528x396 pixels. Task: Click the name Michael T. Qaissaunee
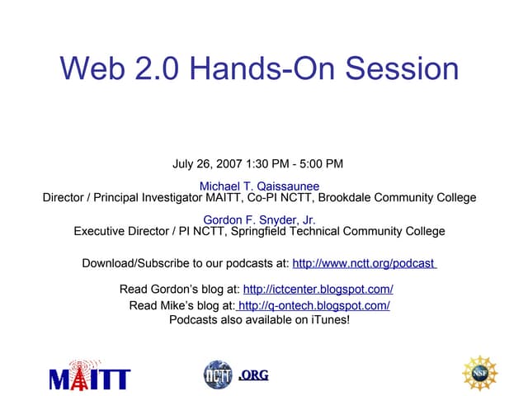click(259, 186)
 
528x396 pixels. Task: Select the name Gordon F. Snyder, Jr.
click(259, 220)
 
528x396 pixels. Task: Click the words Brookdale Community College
click(397, 198)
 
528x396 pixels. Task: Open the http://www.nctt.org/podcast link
click(364, 264)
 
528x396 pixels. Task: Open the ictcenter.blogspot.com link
click(318, 289)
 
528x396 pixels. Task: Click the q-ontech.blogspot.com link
click(313, 306)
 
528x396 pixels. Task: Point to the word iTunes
click(330, 319)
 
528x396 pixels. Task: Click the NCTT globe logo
click(218, 375)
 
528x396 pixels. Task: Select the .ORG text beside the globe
click(253, 376)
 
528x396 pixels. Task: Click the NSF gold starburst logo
click(479, 373)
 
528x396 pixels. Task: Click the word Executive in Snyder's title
click(101, 232)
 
